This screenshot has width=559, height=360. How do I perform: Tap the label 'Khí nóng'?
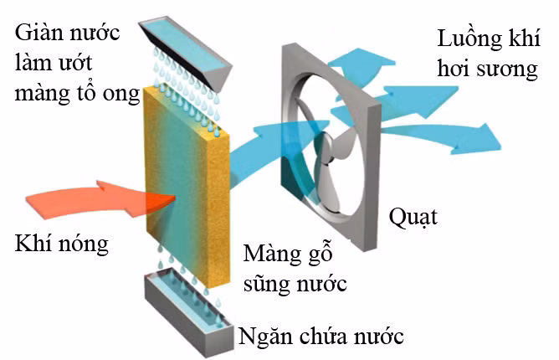(62, 244)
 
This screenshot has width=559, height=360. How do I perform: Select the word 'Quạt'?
(413, 219)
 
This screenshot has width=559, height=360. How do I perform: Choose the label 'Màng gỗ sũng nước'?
(294, 268)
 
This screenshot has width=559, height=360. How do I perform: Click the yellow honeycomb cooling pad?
(186, 167)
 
